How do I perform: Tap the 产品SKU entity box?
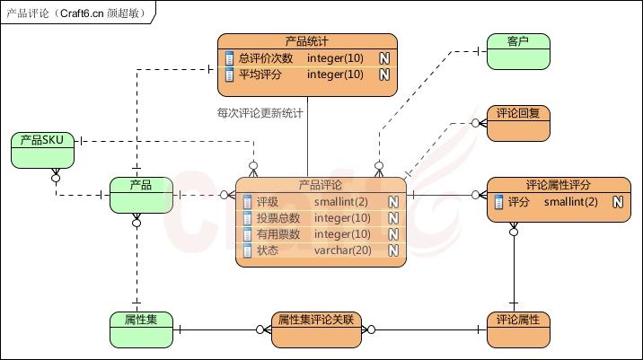41,149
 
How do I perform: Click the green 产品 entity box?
141,195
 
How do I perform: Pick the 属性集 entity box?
141,329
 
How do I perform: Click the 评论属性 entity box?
517,329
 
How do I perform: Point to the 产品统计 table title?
307,41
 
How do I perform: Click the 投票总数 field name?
277,218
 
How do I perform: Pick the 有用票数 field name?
277,234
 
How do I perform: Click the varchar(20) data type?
342,250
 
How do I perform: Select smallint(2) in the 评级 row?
342,202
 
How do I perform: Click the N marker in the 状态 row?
393,250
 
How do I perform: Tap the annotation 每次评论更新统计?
260,114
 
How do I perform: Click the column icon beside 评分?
498,202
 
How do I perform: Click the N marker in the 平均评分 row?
384,75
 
